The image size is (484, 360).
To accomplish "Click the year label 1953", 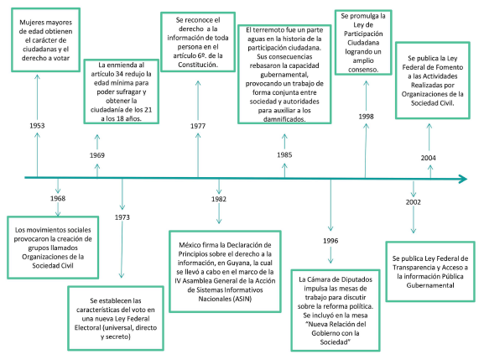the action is pyautogui.click(x=37, y=126).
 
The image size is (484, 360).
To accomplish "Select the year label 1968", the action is pyautogui.click(x=58, y=198).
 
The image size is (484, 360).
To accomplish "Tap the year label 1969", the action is pyautogui.click(x=97, y=155).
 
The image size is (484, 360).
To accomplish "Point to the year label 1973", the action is pyautogui.click(x=122, y=217).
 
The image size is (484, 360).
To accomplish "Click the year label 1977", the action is pyautogui.click(x=198, y=126).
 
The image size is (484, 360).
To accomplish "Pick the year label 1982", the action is pyautogui.click(x=219, y=199).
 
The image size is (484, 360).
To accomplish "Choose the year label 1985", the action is pyautogui.click(x=284, y=154).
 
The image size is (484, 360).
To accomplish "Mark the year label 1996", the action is pyautogui.click(x=330, y=241).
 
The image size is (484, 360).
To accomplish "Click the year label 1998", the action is pyautogui.click(x=366, y=117).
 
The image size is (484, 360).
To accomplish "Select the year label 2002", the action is pyautogui.click(x=414, y=202).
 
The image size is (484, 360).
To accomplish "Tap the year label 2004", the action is pyautogui.click(x=429, y=158).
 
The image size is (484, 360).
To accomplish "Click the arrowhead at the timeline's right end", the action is pyautogui.click(x=464, y=179).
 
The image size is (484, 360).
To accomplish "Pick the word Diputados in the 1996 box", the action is pyautogui.click(x=356, y=279).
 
